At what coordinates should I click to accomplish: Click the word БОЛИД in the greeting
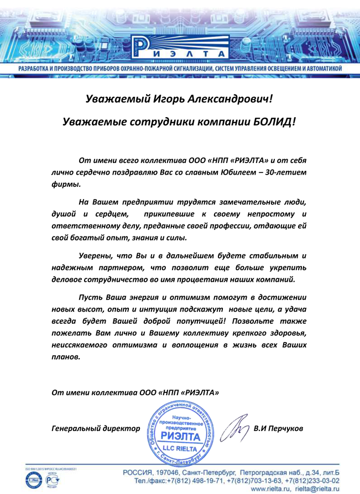pos(273,120)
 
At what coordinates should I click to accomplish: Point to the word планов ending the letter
pos(65,357)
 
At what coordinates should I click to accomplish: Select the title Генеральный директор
pos(95,428)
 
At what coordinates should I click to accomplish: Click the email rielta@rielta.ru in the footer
pos(318,488)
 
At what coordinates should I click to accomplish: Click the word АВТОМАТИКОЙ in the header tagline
pos(321,68)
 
